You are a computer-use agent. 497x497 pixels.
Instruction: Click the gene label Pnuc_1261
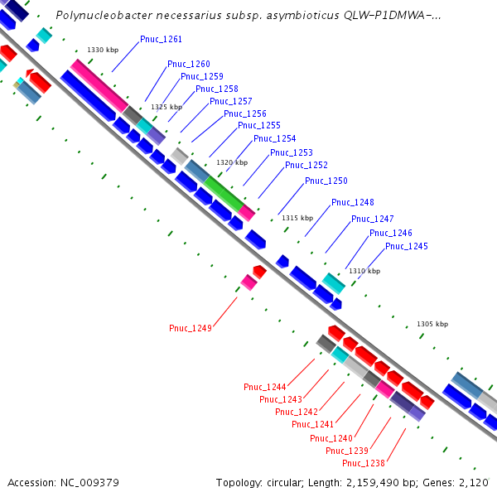pyautogui.click(x=162, y=39)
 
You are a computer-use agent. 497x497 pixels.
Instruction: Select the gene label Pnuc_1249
pyautogui.click(x=191, y=328)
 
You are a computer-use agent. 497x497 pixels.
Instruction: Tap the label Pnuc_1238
pyautogui.click(x=364, y=463)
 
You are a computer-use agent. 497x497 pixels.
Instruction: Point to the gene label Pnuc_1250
pyautogui.click(x=326, y=181)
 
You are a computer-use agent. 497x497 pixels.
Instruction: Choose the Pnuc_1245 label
pyautogui.click(x=407, y=246)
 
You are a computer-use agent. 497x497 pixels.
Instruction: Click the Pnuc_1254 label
pyautogui.click(x=275, y=138)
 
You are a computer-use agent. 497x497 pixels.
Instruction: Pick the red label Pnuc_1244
pyautogui.click(x=265, y=387)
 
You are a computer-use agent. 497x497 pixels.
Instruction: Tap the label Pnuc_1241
pyautogui.click(x=313, y=425)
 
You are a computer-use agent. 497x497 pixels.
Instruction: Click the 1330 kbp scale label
pyautogui.click(x=103, y=51)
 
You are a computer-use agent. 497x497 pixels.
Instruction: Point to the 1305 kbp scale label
pyautogui.click(x=432, y=324)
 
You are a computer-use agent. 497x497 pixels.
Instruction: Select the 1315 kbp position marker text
pyautogui.click(x=297, y=218)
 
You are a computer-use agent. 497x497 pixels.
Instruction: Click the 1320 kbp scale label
pyautogui.click(x=232, y=162)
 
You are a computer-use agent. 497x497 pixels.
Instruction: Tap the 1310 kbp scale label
pyautogui.click(x=364, y=271)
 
